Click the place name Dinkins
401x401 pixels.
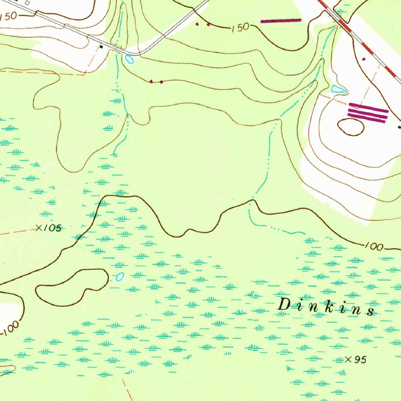(x=325, y=306)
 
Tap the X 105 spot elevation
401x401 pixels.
(x=49, y=228)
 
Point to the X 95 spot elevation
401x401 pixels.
(x=355, y=359)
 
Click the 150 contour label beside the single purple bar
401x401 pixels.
(x=240, y=27)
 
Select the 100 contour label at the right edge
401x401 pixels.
(x=374, y=246)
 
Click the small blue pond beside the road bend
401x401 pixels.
(x=129, y=60)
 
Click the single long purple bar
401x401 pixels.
(x=281, y=20)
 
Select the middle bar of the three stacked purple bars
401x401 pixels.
(x=368, y=113)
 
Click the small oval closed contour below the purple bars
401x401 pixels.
(x=350, y=126)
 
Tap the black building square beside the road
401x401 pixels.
(x=102, y=47)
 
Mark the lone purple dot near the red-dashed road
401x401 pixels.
(x=364, y=59)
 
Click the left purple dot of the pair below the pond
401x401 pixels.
(x=152, y=81)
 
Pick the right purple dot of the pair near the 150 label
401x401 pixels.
(x=208, y=25)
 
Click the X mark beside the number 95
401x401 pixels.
(x=349, y=359)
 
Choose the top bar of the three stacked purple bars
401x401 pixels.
(x=368, y=106)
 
